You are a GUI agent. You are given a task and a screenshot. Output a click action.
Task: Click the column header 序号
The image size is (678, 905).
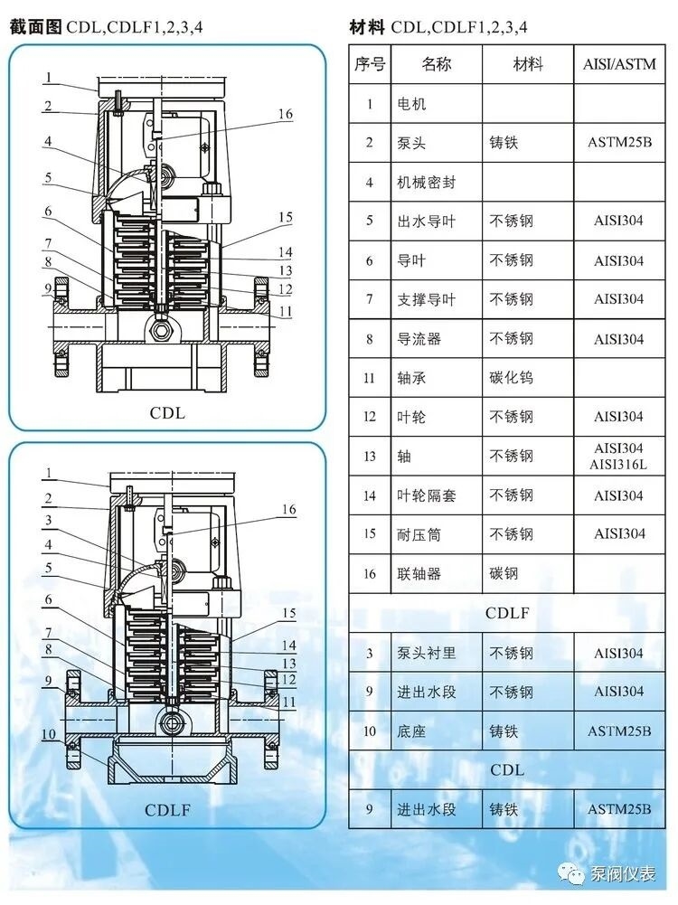[369, 64]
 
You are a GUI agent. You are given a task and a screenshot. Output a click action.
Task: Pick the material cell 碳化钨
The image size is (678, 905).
[511, 378]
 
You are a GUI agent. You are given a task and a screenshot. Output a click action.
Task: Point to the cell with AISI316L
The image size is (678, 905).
[619, 464]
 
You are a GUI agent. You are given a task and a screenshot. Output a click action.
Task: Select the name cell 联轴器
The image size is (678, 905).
[419, 574]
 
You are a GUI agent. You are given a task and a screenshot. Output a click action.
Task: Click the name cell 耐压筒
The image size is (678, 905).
[419, 534]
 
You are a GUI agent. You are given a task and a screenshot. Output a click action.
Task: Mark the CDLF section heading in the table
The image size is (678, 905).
[507, 613]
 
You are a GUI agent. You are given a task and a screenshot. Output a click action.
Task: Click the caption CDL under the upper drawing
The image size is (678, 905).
[167, 413]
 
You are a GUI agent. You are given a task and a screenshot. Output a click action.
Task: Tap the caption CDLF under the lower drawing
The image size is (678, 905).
[167, 810]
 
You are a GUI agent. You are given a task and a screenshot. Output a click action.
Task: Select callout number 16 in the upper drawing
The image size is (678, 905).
[286, 114]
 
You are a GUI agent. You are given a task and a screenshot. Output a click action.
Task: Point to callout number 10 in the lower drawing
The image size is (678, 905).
[48, 733]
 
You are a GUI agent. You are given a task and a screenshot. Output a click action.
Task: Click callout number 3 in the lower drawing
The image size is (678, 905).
[48, 521]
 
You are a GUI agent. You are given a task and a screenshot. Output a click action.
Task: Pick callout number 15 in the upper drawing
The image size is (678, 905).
[286, 218]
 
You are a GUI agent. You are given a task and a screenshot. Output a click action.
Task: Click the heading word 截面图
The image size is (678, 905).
[35, 27]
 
